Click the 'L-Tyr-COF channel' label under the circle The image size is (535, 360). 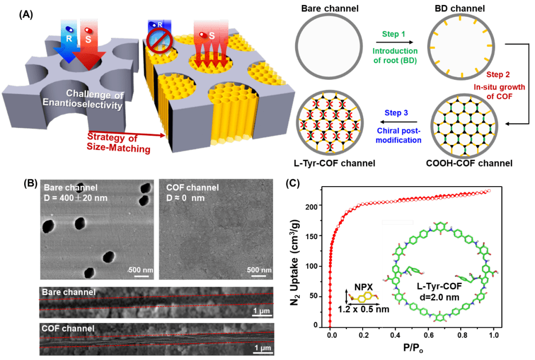click(326, 163)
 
